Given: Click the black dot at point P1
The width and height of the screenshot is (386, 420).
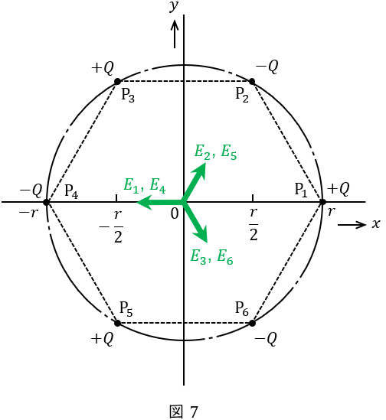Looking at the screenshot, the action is pos(322,202).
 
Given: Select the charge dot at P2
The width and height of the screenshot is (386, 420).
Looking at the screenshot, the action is pos(252,81).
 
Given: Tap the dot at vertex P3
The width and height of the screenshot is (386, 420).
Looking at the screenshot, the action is pos(117,81).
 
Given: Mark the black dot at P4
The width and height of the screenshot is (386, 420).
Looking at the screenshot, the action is pos(47,202).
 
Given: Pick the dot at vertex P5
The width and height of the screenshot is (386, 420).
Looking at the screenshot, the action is pos(117,323).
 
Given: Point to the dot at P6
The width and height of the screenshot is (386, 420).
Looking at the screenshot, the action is pos(252,323).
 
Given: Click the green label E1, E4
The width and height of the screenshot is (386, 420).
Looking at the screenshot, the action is pos(145,185).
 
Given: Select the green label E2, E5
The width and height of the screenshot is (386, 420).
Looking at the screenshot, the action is pos(216,152).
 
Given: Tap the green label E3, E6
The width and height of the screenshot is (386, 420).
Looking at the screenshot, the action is pos(211,256).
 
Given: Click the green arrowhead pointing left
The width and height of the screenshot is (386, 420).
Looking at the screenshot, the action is pos(144,202).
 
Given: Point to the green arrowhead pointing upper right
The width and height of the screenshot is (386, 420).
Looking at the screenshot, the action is pos(200,170).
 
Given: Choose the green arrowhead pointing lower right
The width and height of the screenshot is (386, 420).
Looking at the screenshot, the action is pos(201,234).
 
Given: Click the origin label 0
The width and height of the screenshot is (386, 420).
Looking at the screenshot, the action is pos(175,214).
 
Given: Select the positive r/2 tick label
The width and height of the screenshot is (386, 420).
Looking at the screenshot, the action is pos(254,224).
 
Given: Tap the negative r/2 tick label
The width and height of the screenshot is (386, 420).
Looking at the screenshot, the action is pos(111,226).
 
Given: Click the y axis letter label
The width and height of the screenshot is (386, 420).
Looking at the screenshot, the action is pos(174,6).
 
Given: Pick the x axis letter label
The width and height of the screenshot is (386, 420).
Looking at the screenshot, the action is pos(376,223).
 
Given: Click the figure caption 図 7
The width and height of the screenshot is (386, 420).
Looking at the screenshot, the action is pos(184,411).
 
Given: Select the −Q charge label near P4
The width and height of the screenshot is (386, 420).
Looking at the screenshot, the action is pos(31,191).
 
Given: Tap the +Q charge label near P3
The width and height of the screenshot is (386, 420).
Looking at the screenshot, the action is pos(103,68).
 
